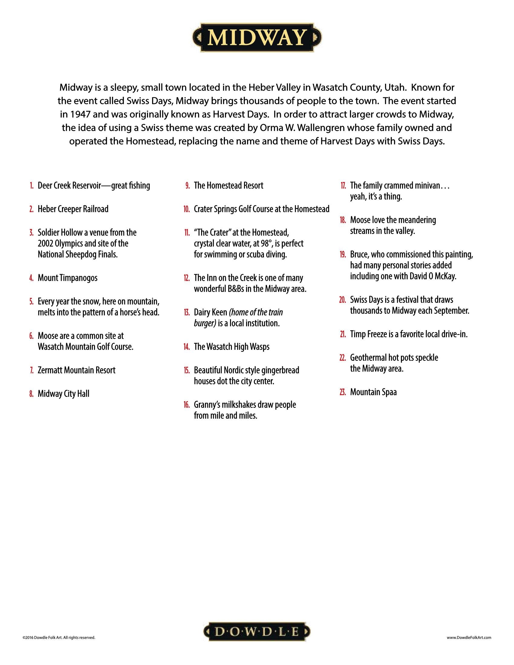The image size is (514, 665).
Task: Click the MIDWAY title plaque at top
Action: (257, 38)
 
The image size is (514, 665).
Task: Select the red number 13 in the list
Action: (187, 313)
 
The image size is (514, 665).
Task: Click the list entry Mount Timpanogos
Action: (67, 278)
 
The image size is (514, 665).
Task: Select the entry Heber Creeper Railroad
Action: (73, 209)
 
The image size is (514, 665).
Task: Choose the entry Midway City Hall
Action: (63, 394)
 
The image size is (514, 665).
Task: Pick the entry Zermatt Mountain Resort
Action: (76, 370)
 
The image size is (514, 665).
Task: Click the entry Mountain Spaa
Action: (373, 392)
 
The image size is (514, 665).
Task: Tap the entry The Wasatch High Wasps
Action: (231, 347)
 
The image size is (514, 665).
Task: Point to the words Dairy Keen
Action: (210, 313)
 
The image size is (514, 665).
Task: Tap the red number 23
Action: (343, 392)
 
